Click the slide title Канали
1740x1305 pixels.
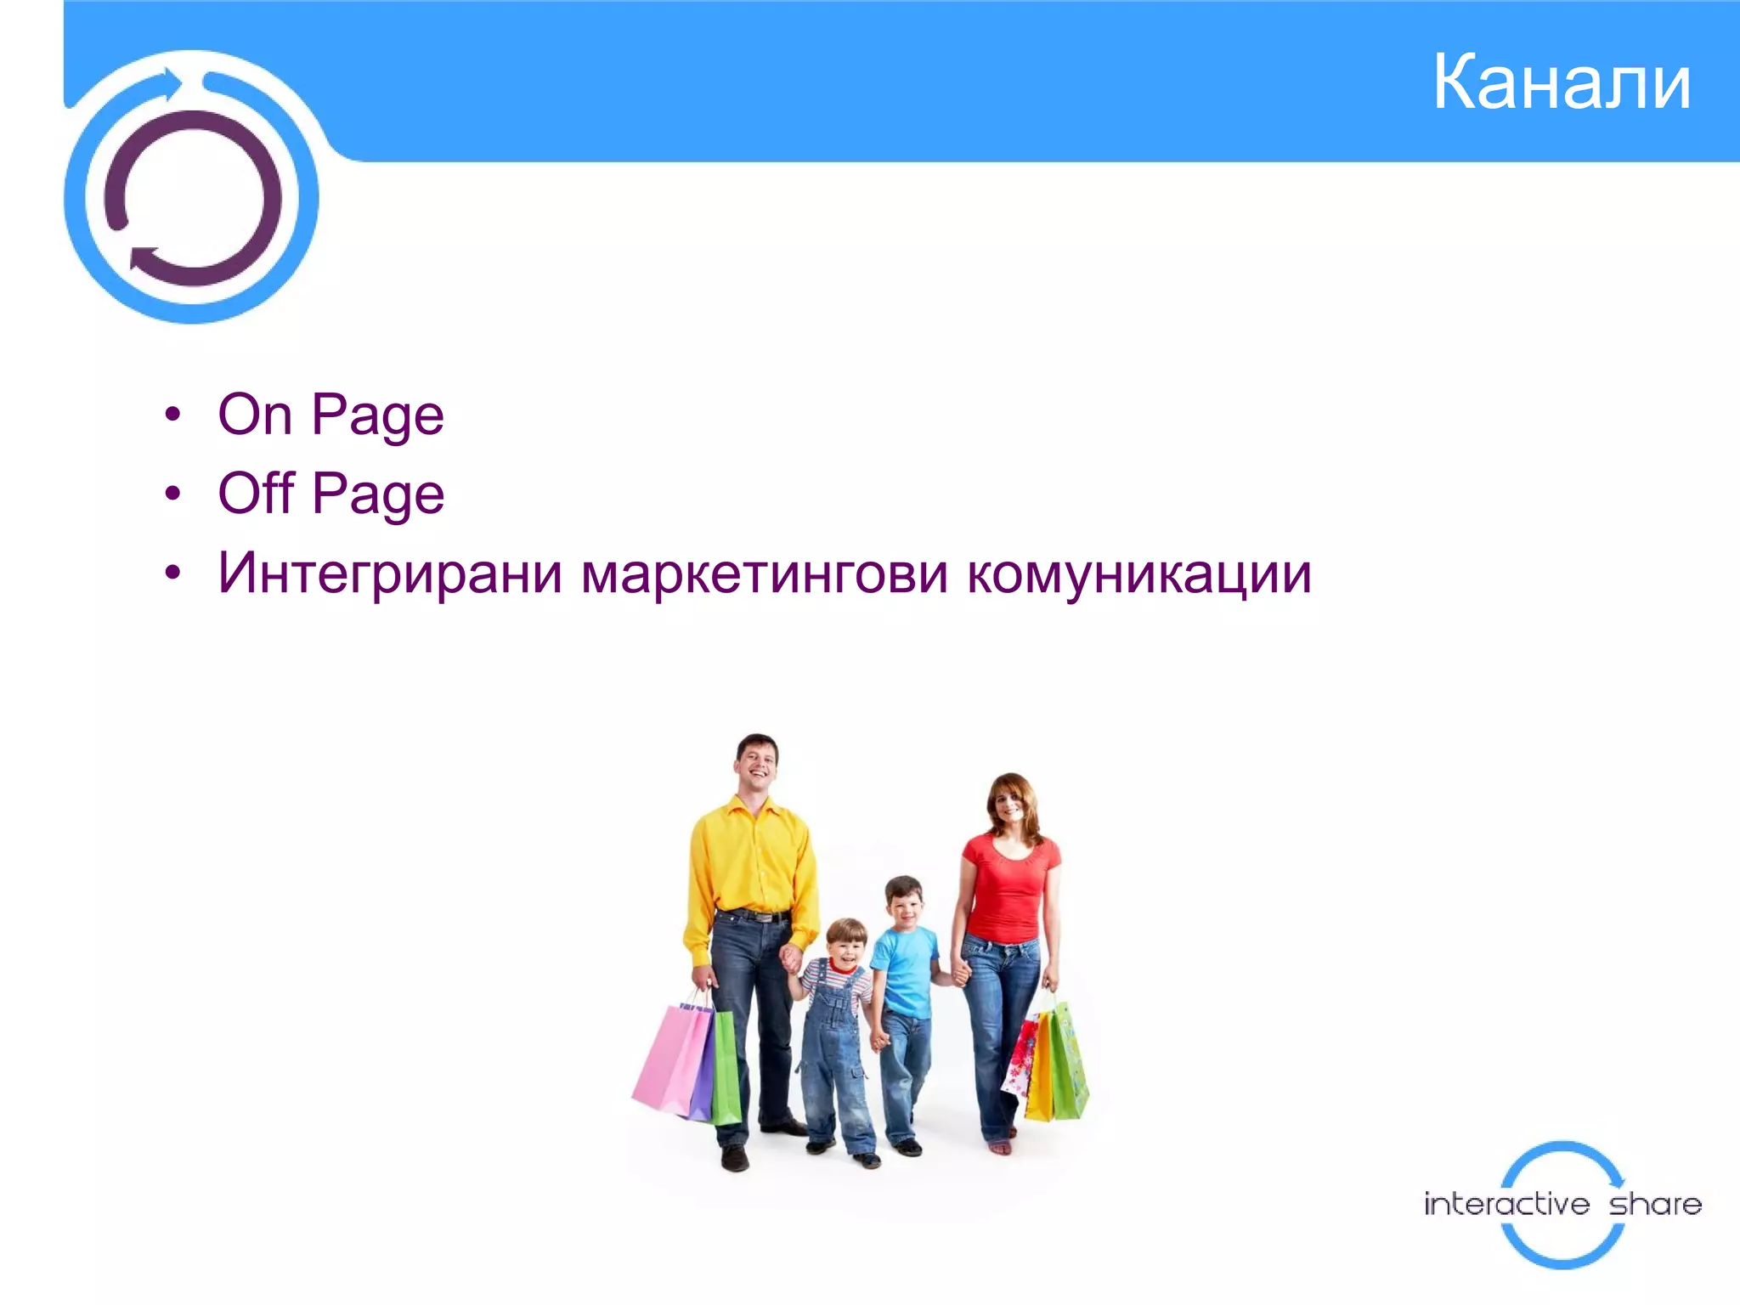click(1562, 82)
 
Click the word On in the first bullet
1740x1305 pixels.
click(255, 415)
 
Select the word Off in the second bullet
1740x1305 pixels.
click(257, 494)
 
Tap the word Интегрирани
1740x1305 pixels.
click(390, 573)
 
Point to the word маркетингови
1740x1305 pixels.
click(764, 573)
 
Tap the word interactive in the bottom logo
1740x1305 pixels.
click(1506, 1204)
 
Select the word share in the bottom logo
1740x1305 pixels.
click(1655, 1204)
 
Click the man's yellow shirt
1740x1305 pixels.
click(751, 858)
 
